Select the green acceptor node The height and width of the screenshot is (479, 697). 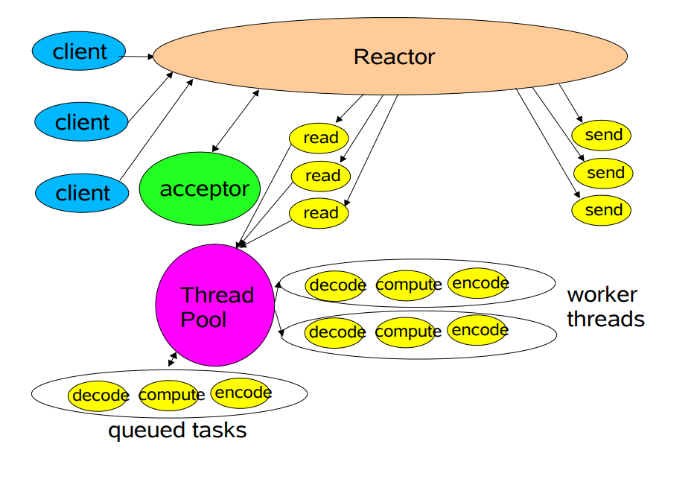tap(200, 188)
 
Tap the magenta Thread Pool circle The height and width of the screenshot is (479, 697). tap(215, 305)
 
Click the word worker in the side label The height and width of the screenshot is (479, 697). tap(602, 294)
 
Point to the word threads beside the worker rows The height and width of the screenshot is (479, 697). tap(605, 320)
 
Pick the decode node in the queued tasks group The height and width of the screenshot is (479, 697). tap(100, 396)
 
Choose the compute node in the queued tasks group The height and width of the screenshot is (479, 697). tap(171, 396)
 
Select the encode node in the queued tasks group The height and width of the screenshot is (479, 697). tap(241, 393)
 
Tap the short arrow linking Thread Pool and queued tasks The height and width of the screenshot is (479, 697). tap(173, 359)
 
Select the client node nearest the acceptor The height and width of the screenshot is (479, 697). tap(83, 193)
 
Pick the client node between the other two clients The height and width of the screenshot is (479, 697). tap(83, 122)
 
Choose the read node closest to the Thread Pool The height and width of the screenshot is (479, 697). tap(320, 213)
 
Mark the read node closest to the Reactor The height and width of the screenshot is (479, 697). tap(320, 138)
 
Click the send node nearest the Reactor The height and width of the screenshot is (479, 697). tap(602, 136)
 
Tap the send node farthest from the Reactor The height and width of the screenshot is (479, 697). tap(602, 210)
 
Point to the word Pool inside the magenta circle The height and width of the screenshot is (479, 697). tap(203, 320)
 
